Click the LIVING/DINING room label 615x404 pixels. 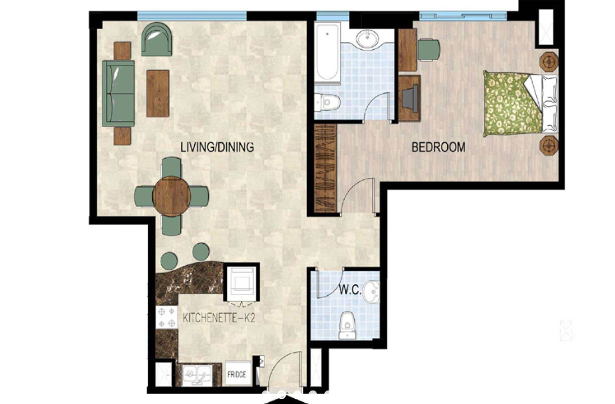tap(217, 147)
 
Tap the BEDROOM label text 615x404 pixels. tap(439, 147)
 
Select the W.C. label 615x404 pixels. tap(350, 290)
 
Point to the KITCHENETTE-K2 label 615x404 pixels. tap(219, 317)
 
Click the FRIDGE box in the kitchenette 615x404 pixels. tap(237, 374)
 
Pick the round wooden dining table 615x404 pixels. tap(171, 196)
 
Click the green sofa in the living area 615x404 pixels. tap(118, 93)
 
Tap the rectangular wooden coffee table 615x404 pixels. tap(158, 93)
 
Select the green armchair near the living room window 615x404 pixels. tap(157, 39)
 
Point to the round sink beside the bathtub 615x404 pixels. tap(368, 39)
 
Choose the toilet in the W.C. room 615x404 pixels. tap(347, 326)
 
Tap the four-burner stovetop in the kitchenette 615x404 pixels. tap(166, 317)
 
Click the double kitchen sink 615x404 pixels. tap(197, 375)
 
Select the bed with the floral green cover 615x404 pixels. tap(520, 104)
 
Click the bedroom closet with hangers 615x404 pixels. tap(326, 169)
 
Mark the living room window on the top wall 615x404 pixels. tap(192, 16)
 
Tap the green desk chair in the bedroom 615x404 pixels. tap(429, 49)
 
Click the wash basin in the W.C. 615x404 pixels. tap(371, 292)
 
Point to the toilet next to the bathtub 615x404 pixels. tap(327, 102)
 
